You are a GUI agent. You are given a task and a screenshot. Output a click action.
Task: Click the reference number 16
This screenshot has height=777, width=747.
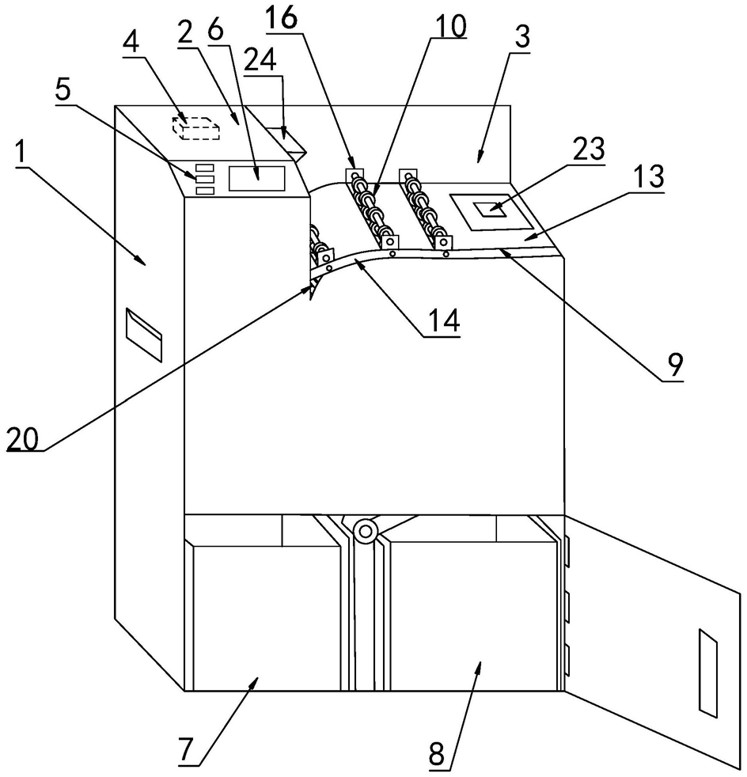281,18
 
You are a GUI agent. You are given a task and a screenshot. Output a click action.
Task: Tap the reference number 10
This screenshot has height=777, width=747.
450,26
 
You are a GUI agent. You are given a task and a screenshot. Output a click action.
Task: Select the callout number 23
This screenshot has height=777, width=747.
589,150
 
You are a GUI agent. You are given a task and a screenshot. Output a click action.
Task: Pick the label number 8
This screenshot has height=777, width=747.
437,754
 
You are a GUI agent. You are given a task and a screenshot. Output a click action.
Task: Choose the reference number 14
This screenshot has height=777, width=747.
444,320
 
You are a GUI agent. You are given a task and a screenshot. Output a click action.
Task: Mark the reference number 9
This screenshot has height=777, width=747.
675,365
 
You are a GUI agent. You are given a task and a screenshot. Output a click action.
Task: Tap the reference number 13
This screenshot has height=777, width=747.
649,176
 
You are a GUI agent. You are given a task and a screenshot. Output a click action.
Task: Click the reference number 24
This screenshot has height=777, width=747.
260,62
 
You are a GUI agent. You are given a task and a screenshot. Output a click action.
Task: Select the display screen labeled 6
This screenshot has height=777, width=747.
256,178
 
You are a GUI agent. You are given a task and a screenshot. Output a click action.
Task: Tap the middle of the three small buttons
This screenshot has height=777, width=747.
205,178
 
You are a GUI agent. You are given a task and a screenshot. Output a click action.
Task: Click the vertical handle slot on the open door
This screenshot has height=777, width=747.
708,673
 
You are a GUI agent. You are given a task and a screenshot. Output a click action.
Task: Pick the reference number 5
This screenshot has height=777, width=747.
63,91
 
